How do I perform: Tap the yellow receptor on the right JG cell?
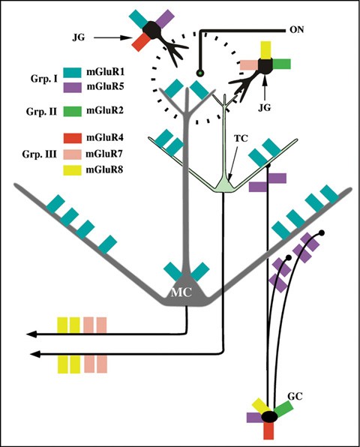click(x=265, y=49)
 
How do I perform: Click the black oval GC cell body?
click(x=269, y=416)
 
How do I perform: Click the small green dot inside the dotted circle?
click(x=200, y=73)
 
